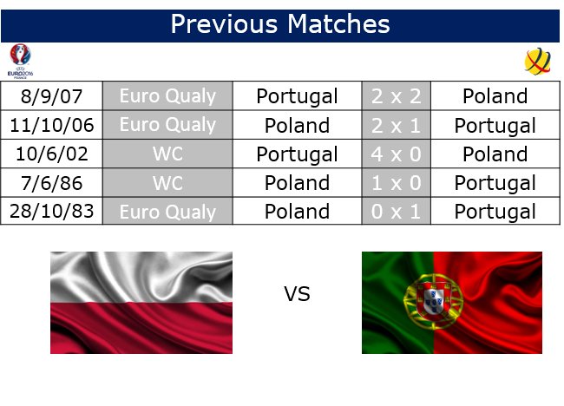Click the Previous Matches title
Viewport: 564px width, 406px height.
[x=280, y=24]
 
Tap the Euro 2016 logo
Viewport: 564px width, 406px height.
[x=20, y=61]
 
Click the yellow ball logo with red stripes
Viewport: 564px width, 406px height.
[x=537, y=62]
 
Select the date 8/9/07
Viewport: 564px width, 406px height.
[x=51, y=96]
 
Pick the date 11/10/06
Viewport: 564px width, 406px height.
[x=51, y=125]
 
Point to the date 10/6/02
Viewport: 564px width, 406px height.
[x=51, y=154]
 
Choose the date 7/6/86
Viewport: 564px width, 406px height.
[x=51, y=183]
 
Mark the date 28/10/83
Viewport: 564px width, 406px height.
[x=51, y=211]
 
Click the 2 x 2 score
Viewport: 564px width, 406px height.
[x=396, y=96]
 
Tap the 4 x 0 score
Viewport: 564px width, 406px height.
[x=396, y=154]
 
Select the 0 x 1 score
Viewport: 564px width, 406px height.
[x=396, y=212]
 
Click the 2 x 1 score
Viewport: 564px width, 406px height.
[x=396, y=126]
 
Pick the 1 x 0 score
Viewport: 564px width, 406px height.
[x=396, y=183]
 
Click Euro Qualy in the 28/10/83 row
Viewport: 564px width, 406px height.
[x=167, y=213]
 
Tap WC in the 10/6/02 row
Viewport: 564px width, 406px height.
[x=167, y=154]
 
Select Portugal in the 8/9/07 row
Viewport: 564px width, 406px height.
[x=297, y=97]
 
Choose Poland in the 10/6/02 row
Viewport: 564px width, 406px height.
[x=495, y=154]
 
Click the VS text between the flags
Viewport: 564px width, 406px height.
[x=297, y=294]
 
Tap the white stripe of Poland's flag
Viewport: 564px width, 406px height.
[x=141, y=277]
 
